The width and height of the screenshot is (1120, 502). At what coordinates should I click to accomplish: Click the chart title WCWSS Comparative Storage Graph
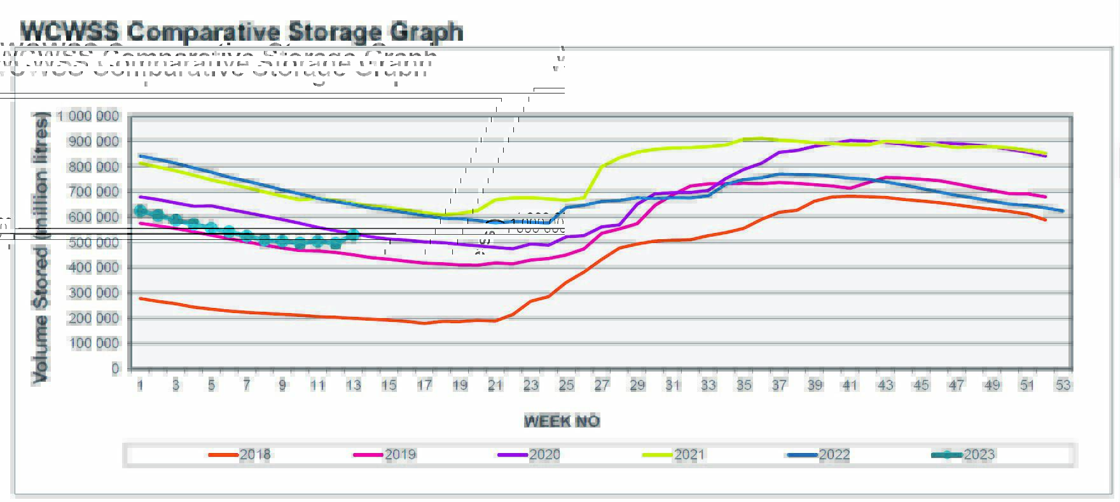tap(242, 31)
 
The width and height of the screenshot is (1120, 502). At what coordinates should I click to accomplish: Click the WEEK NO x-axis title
tap(562, 421)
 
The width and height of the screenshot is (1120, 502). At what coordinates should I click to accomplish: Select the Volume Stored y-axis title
tap(41, 248)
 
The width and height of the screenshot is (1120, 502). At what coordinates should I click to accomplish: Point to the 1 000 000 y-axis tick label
tap(88, 116)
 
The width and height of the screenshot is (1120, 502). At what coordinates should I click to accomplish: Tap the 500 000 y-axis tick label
tap(93, 242)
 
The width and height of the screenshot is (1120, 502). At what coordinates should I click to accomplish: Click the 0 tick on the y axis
tap(115, 368)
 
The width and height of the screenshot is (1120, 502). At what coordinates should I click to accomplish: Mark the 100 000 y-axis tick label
tap(93, 343)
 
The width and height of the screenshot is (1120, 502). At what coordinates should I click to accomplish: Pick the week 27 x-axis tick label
tap(602, 385)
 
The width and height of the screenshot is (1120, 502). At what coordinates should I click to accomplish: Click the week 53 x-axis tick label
tap(1063, 385)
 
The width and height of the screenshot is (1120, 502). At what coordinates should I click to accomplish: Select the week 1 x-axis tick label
tap(141, 385)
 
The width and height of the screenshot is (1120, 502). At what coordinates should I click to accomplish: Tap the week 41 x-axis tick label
tap(850, 385)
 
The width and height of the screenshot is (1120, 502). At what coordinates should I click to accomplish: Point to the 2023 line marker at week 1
tap(141, 211)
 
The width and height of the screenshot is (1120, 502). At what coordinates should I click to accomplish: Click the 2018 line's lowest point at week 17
tap(425, 323)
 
